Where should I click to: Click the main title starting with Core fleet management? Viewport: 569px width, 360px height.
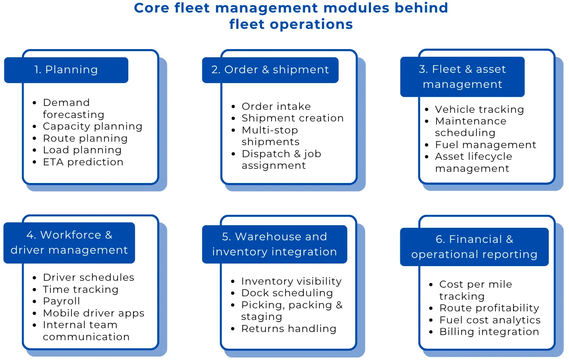291,16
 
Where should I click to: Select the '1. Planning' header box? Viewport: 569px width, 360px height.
66,70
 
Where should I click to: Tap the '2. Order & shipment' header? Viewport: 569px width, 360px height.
270,70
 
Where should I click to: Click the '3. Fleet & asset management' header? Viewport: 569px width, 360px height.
462,77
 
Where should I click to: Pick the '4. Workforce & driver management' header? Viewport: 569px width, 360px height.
69,242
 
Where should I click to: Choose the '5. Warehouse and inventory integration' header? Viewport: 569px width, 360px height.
275,244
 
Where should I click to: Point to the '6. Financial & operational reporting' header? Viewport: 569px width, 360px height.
474,247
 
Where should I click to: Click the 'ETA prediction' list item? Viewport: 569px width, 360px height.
83,162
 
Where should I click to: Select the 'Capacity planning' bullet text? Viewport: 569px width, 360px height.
93,126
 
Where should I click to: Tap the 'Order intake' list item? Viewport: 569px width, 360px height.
276,106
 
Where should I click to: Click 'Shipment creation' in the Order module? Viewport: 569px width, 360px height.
293,118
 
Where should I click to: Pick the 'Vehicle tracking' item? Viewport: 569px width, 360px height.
479,109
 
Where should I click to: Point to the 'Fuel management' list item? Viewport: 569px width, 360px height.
486,145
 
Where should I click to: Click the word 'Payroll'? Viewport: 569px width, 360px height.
62,301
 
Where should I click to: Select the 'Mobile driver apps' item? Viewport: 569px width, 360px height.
93,313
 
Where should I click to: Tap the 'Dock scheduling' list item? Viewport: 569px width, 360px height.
287,293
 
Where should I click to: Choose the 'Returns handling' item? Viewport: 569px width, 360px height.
289,329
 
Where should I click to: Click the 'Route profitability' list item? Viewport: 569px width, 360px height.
489,308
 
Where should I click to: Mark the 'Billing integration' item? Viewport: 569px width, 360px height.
489,332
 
